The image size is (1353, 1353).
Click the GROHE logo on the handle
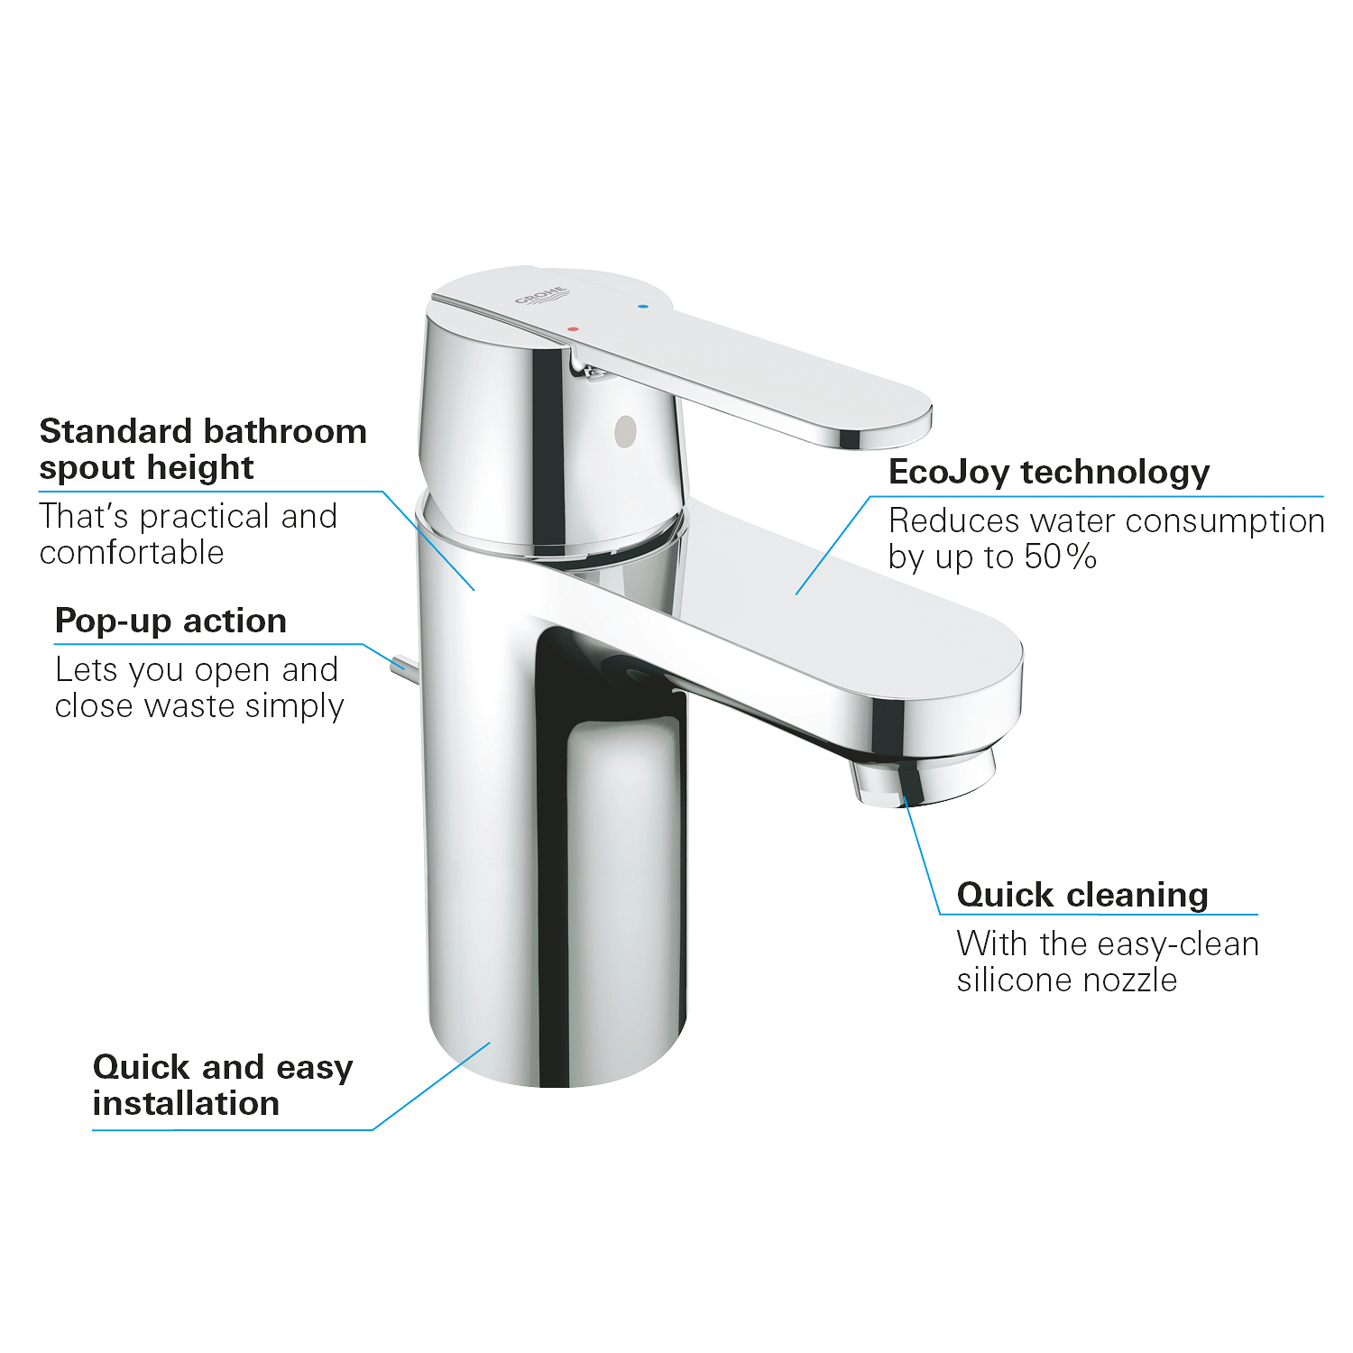click(x=542, y=296)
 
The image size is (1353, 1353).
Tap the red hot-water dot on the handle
click(x=573, y=328)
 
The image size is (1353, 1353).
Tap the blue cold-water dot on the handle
click(x=642, y=307)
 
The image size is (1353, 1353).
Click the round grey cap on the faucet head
click(x=624, y=431)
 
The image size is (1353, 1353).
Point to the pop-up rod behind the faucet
click(x=403, y=667)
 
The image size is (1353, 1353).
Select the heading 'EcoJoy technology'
click(x=1049, y=472)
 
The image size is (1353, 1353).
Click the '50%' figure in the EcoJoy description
click(x=1060, y=557)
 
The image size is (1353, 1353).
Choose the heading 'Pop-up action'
click(x=170, y=621)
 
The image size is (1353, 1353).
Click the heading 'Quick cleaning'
click(x=1082, y=895)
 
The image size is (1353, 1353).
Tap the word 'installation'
click(x=186, y=1103)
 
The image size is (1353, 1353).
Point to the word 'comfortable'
click(x=132, y=552)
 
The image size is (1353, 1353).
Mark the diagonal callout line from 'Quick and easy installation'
click(x=431, y=1086)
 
